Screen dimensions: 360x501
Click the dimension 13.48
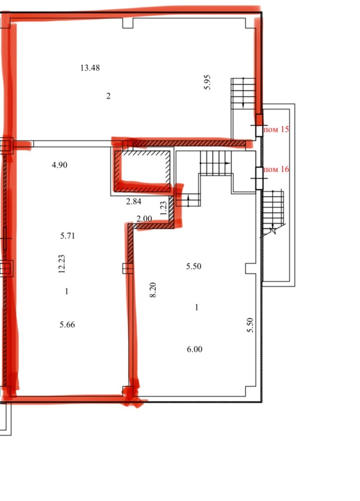(90, 68)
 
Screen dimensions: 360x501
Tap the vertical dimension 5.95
(207, 82)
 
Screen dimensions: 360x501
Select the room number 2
(109, 96)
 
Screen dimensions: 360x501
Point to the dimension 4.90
(59, 165)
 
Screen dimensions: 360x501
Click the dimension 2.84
(134, 201)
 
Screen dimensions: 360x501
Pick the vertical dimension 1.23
(163, 208)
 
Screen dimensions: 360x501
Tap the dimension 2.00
(144, 219)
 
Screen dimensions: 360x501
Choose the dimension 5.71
(67, 236)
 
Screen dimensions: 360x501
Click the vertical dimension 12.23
(62, 264)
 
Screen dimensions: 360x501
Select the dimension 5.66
(67, 325)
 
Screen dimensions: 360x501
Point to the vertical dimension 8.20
(153, 290)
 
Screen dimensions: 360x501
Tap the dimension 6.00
(195, 349)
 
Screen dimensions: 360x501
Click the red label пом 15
(277, 129)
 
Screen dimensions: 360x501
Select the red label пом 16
(277, 169)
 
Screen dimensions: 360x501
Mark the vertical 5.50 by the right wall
(250, 325)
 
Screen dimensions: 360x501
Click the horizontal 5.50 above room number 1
(194, 266)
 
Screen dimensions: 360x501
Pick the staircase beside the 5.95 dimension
(243, 93)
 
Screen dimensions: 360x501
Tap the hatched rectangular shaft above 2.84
(142, 171)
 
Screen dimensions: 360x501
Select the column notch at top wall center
(128, 23)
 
